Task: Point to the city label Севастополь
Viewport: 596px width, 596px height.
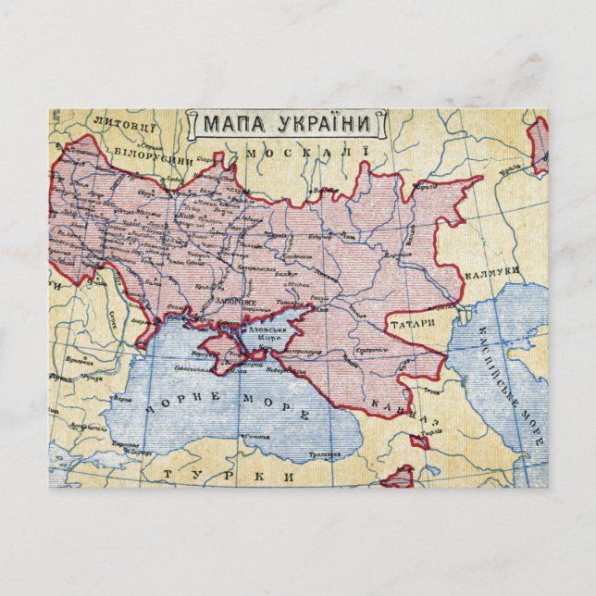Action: tap(195, 368)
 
